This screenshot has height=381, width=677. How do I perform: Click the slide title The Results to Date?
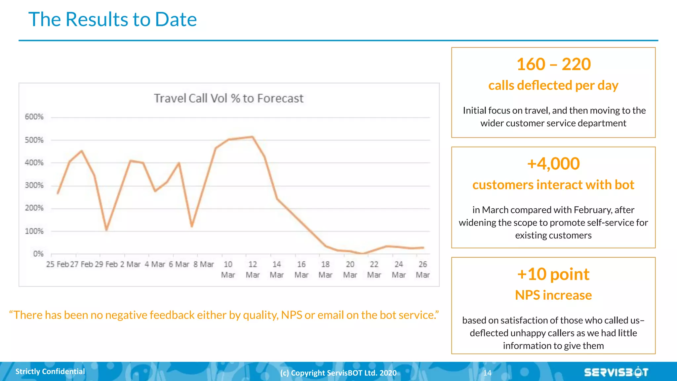pos(112,19)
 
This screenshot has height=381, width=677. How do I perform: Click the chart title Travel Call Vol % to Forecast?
pos(228,98)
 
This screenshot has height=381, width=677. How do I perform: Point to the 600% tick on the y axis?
pos(34,117)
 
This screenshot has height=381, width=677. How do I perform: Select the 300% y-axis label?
pos(34,185)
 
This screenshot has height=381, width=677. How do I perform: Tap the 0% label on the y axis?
pos(38,254)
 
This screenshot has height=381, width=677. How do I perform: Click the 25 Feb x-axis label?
pos(57,264)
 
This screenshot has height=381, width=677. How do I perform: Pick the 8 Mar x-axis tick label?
pos(204,264)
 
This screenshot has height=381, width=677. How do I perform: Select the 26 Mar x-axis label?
pos(422,269)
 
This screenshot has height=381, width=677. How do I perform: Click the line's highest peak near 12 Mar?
pos(253,137)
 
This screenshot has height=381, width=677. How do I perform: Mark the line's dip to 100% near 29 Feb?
pos(106,230)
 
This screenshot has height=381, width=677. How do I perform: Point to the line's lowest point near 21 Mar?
pos(363,254)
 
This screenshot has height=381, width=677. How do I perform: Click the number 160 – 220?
pos(553,64)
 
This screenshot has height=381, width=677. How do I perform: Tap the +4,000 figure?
pos(553,164)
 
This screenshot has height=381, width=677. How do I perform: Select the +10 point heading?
pos(553,274)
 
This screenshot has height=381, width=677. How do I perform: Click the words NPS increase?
pos(553,295)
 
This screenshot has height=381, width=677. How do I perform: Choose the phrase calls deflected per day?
pos(553,85)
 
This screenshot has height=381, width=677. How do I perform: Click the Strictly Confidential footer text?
pos(50,371)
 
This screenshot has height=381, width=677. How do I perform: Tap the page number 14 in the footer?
pos(487,373)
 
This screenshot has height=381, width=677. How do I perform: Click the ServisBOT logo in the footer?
pos(616,372)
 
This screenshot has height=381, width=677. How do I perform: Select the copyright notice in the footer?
pos(338,373)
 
